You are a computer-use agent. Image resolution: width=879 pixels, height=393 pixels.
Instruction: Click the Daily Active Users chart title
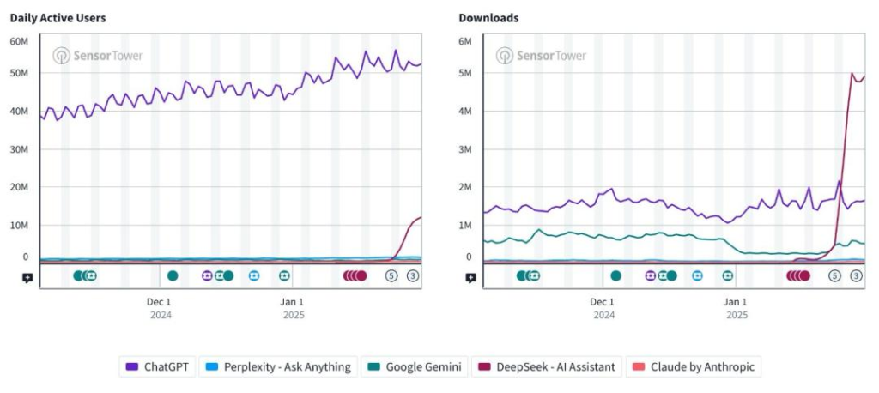click(58, 18)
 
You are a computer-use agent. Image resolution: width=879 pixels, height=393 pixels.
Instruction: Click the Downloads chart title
click(488, 18)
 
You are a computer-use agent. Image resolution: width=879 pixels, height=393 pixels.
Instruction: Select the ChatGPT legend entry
click(158, 366)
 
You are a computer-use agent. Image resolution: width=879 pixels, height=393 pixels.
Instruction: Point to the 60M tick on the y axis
click(20, 41)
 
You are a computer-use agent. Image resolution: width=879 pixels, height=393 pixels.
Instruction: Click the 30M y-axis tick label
click(20, 148)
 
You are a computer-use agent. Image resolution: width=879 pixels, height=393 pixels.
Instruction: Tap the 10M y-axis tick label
click(20, 225)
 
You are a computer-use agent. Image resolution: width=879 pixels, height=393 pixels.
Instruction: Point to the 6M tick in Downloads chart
click(465, 41)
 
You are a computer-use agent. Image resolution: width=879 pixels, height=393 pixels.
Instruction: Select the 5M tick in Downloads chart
click(465, 73)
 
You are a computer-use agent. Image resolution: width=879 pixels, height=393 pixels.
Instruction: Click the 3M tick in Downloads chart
click(465, 148)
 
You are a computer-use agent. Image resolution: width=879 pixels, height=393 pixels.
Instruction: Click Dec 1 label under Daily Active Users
click(159, 302)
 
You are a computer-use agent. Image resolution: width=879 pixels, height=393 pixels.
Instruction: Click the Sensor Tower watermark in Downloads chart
click(541, 56)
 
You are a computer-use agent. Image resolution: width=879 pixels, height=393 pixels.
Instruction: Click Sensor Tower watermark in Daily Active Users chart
click(98, 56)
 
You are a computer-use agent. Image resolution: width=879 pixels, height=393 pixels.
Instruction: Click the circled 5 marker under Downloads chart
click(834, 275)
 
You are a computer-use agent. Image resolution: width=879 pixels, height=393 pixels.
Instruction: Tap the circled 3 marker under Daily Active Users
click(413, 275)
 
